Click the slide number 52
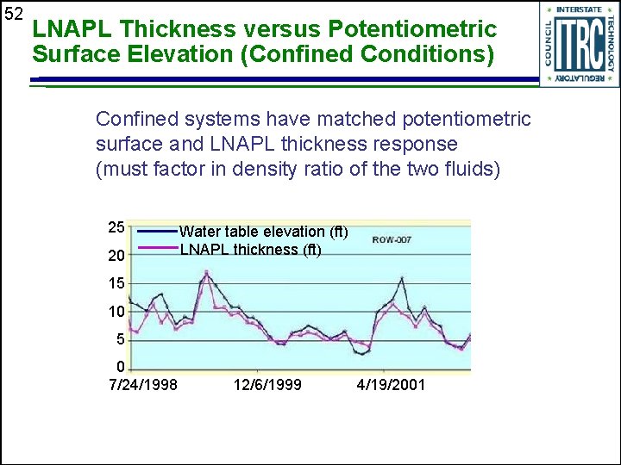pyautogui.click(x=13, y=15)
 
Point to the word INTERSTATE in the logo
pyautogui.click(x=580, y=10)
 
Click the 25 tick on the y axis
pyautogui.click(x=116, y=228)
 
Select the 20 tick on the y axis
pyautogui.click(x=116, y=256)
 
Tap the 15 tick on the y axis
pyautogui.click(x=116, y=284)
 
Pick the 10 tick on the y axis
pyautogui.click(x=116, y=312)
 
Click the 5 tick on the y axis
pyautogui.click(x=121, y=340)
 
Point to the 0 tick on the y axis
pyautogui.click(x=121, y=368)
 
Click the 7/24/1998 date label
pyautogui.click(x=143, y=384)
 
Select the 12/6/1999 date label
pyautogui.click(x=267, y=384)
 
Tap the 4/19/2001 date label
pyautogui.click(x=391, y=384)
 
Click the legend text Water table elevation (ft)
pyautogui.click(x=264, y=232)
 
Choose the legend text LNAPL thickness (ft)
pyautogui.click(x=250, y=250)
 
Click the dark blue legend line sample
pyautogui.click(x=157, y=231)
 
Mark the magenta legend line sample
pyautogui.click(x=157, y=249)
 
